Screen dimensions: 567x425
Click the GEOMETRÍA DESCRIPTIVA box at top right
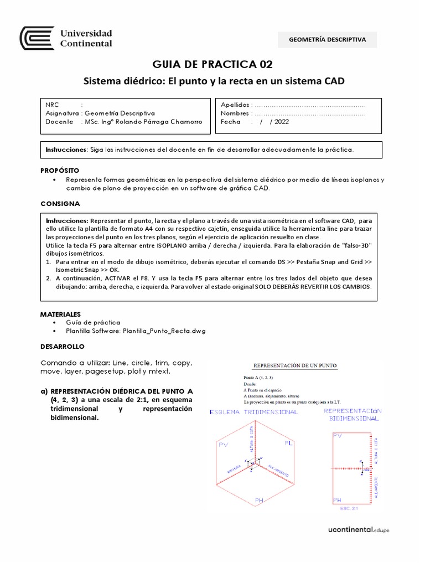pyautogui.click(x=328, y=39)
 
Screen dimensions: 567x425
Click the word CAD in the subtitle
pyautogui.click(x=333, y=81)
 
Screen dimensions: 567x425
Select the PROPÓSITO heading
pyautogui.click(x=60, y=170)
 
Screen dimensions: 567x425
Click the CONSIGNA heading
pyautogui.click(x=60, y=203)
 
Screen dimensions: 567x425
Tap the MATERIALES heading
pyautogui.click(x=60, y=313)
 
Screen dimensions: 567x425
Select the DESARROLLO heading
pyautogui.click(x=62, y=346)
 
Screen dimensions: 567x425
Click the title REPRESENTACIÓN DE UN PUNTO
pyautogui.click(x=294, y=365)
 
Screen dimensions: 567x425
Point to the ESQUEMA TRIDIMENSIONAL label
pyautogui.click(x=254, y=412)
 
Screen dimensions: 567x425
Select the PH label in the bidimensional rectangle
pyautogui.click(x=337, y=500)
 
